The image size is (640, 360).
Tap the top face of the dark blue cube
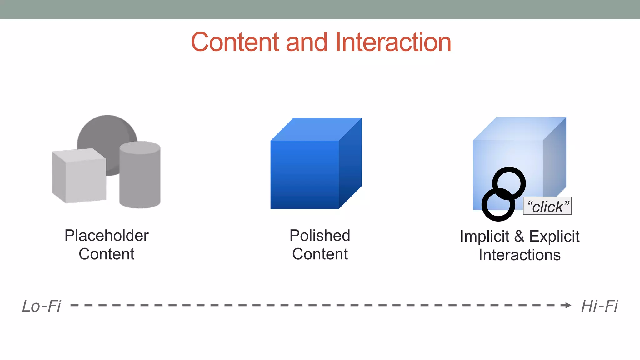coord(316,129)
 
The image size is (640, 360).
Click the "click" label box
coord(547,206)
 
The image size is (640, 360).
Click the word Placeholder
coord(107,236)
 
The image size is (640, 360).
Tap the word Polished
coord(320,236)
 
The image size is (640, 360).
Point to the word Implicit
coord(484,237)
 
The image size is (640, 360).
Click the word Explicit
coord(554,237)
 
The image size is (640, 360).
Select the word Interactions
coord(519,255)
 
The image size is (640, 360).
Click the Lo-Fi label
coord(42,306)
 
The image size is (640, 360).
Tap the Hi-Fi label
coord(599,306)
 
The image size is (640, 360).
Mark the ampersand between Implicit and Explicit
coord(519,236)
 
